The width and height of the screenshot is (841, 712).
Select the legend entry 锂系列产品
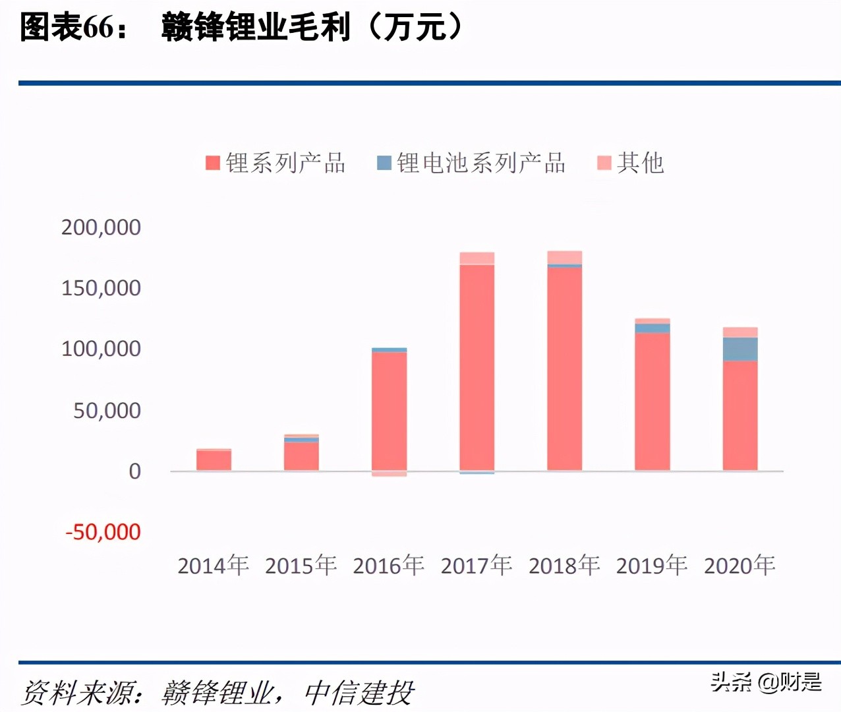pyautogui.click(x=275, y=163)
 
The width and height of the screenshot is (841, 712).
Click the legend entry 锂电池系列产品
pyautogui.click(x=471, y=163)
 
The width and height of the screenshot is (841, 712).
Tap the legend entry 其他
pyautogui.click(x=630, y=163)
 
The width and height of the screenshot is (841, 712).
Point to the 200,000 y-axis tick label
pyautogui.click(x=101, y=227)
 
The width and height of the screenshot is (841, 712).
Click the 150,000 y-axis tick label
pyautogui.click(x=101, y=288)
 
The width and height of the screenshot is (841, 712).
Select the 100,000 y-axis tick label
pyautogui.click(x=101, y=349)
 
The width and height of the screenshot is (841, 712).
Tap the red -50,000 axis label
pyautogui.click(x=103, y=532)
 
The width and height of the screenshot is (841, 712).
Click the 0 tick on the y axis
pyautogui.click(x=134, y=471)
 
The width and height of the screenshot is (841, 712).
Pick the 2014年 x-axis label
pyautogui.click(x=213, y=566)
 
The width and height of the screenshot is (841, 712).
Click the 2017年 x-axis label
pyautogui.click(x=476, y=566)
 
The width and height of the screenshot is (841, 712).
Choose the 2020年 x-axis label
pyautogui.click(x=739, y=566)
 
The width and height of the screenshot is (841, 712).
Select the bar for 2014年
pyautogui.click(x=214, y=460)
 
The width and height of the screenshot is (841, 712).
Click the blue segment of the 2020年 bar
pyautogui.click(x=739, y=349)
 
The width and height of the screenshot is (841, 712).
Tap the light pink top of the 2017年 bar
pyautogui.click(x=477, y=258)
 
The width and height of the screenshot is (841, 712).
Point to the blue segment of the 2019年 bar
pyautogui.click(x=652, y=328)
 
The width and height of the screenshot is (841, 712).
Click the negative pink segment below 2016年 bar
pyautogui.click(x=389, y=474)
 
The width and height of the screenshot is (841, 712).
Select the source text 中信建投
pyautogui.click(x=359, y=693)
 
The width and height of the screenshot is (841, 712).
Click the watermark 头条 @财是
pyautogui.click(x=766, y=682)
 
